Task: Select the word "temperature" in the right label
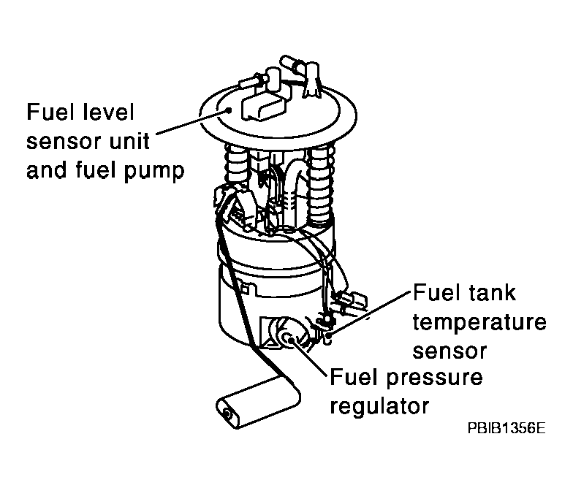tap(479, 322)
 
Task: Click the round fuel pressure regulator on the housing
tap(289, 338)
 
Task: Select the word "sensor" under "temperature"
tap(449, 351)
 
